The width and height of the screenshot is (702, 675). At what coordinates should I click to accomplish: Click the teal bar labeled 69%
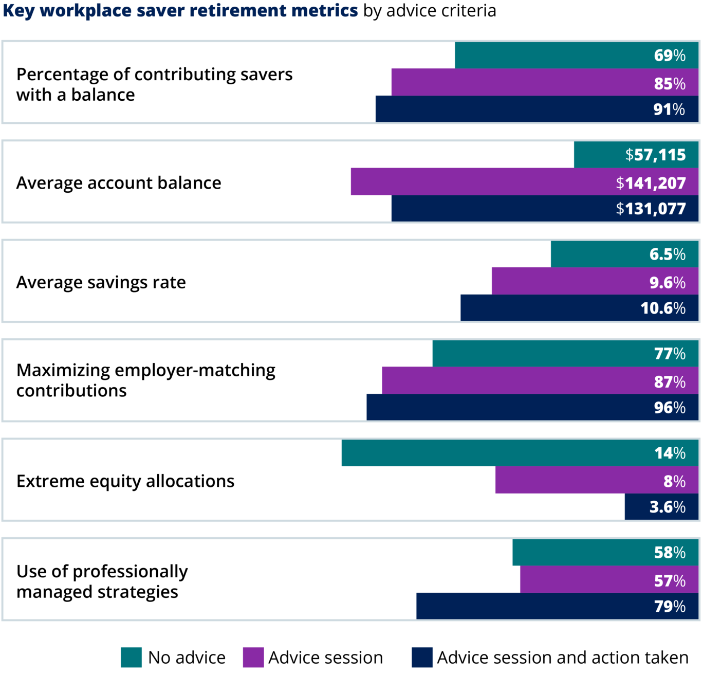576,55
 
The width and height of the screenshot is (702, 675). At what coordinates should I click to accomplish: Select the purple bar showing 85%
545,82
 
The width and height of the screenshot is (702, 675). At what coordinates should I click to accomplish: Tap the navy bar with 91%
537,109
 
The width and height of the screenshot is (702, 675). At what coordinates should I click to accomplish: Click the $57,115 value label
655,155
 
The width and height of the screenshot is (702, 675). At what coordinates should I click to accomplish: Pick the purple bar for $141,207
524,182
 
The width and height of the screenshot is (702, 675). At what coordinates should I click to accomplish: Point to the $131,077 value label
651,209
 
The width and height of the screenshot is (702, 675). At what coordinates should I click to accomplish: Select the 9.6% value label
667,282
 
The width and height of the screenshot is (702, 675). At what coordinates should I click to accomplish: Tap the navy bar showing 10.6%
579,308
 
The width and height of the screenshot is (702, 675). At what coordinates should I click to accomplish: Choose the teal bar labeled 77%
565,353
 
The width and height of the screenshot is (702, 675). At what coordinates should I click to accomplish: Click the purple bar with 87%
540,381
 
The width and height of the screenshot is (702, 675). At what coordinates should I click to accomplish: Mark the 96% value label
669,408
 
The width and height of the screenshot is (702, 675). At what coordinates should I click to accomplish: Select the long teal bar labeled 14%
519,453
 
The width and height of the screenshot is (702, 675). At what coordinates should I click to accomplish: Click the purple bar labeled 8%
596,481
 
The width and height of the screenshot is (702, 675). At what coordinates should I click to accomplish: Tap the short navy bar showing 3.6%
661,507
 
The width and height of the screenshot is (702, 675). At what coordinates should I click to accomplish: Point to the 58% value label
669,553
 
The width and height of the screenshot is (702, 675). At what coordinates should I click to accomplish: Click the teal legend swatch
131,657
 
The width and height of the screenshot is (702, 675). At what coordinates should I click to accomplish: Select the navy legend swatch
422,657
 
